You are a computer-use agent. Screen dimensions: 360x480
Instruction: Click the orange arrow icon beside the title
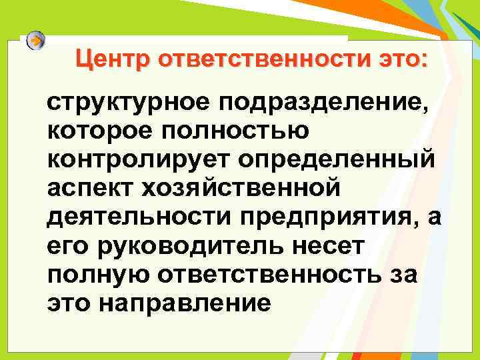point(36,40)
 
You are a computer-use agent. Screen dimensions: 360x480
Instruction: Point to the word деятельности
point(128,218)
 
